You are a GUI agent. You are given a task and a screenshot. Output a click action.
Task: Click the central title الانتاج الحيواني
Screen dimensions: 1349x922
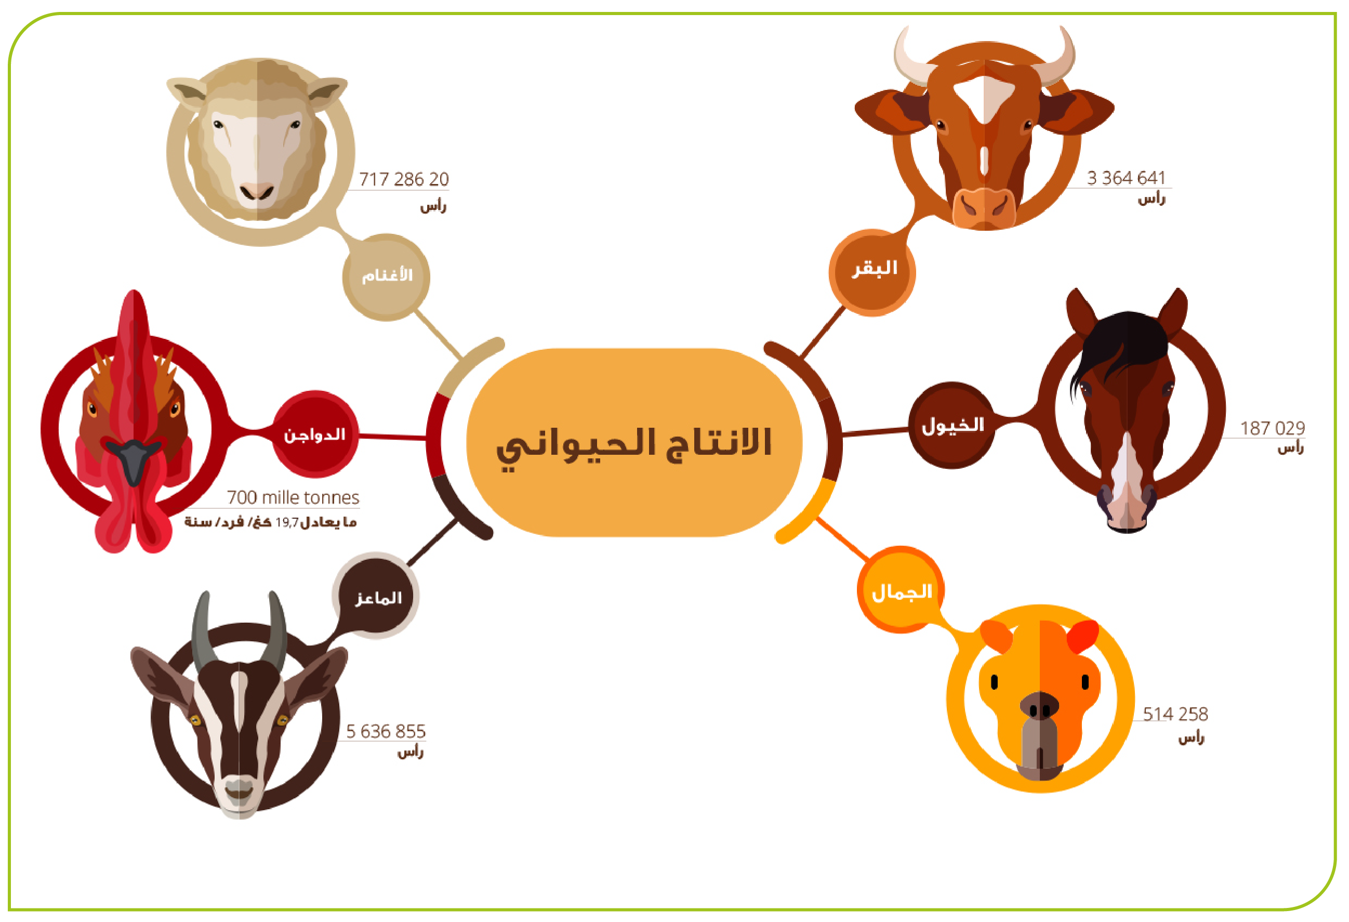coord(634,445)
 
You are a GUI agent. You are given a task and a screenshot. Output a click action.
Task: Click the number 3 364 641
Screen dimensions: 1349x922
coord(1126,178)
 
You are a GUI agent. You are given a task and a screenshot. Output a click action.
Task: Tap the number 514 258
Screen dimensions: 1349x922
coord(1175,714)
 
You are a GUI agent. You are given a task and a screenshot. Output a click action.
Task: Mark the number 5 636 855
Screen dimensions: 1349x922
coord(386,731)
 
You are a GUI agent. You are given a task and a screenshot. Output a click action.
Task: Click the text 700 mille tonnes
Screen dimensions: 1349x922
coord(293,497)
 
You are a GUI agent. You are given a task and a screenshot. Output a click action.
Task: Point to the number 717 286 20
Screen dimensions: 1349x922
coord(403,179)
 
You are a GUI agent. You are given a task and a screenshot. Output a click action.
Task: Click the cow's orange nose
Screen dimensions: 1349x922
coord(984,208)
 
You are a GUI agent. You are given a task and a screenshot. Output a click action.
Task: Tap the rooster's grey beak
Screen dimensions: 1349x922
coord(134,460)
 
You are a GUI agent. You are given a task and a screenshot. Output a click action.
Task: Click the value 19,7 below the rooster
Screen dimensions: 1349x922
coord(287,522)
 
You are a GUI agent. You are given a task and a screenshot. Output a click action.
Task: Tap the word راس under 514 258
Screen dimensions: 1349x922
coord(1191,738)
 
